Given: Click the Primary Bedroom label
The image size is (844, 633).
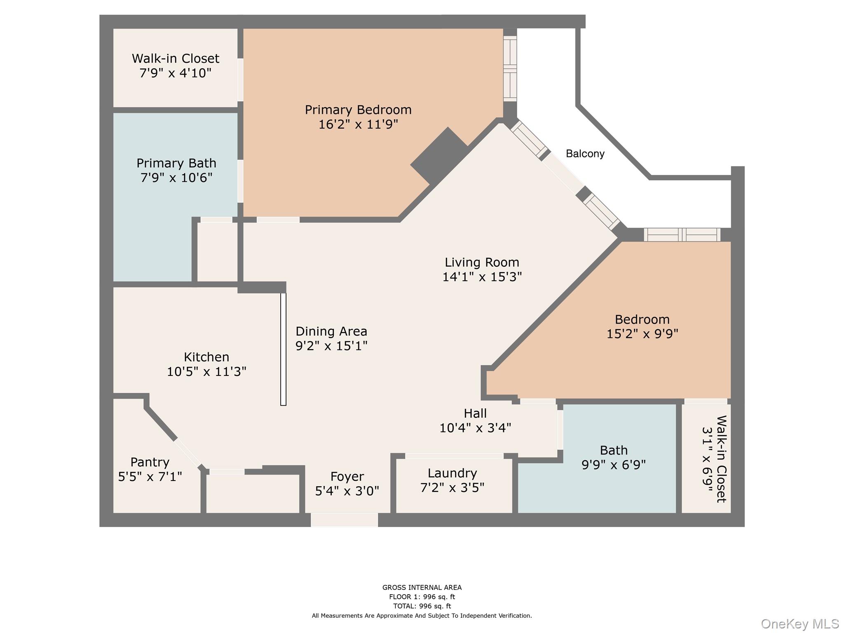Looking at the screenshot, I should pos(358,110).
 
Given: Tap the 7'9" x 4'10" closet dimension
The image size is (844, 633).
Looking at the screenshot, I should pos(175,73).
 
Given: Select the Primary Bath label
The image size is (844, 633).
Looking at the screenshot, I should pos(176,163).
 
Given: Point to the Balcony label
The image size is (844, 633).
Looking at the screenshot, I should pos(585,154).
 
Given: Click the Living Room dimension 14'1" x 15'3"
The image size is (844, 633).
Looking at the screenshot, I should pos(482,277).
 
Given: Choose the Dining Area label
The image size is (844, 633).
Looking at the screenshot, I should pos(331,331).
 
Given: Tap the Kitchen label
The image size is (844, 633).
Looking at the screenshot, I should pos(206,357).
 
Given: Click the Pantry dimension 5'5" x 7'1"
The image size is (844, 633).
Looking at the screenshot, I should pos(150,477).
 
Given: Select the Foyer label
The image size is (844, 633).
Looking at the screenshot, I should pos(347,477).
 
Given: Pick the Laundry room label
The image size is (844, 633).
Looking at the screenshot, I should pos(452,473).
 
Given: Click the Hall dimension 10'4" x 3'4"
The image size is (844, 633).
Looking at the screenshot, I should pos(475,428).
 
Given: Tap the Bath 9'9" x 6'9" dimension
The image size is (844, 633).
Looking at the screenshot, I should pos(613,465).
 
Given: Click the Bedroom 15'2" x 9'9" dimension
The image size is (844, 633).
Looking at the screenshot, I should pos(642,334).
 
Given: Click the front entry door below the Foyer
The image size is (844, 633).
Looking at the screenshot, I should pos(344,520).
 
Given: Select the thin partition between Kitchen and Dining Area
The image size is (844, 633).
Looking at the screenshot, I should pos(283,349).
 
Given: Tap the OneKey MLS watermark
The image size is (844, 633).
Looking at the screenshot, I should pos(799,624).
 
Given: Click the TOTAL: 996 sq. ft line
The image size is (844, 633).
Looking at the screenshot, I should pos(422,606).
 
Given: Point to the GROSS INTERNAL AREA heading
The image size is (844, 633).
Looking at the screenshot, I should pos(422,588).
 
